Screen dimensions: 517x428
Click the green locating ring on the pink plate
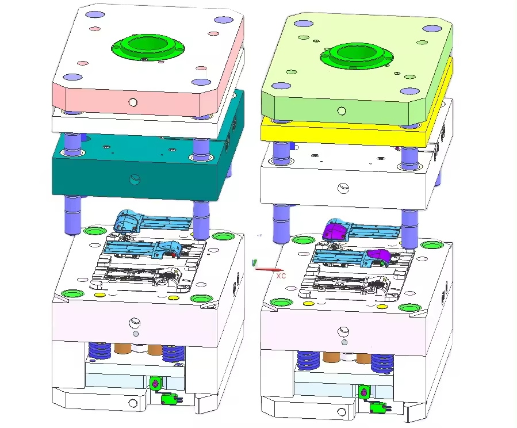148,47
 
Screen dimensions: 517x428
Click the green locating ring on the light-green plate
357,55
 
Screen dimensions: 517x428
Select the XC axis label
281,276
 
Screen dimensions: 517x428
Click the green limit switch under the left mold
169,399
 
